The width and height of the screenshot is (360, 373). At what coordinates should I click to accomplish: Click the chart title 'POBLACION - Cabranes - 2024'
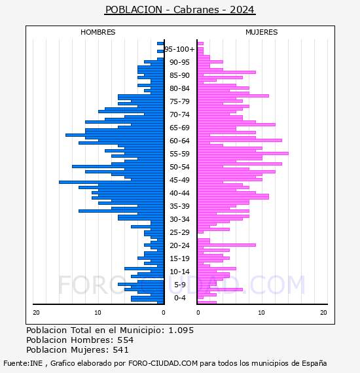(x=180, y=10)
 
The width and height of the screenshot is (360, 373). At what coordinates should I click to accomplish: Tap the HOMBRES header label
(x=98, y=32)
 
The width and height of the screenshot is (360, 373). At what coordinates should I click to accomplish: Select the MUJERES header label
(x=262, y=32)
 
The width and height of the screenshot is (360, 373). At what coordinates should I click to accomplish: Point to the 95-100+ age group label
(x=179, y=49)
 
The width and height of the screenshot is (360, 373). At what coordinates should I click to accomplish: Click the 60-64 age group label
(x=179, y=141)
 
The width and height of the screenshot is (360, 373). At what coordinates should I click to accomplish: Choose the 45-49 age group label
(x=179, y=180)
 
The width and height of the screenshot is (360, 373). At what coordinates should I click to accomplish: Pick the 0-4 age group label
(x=180, y=298)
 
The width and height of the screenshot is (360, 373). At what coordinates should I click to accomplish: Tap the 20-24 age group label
(x=179, y=245)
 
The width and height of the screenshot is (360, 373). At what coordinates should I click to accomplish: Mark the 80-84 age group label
(x=179, y=88)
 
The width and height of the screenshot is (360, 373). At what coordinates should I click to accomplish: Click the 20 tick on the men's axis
(x=36, y=313)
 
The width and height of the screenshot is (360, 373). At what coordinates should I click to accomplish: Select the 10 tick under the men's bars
(x=98, y=313)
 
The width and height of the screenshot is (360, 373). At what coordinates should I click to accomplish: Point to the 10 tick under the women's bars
(x=261, y=313)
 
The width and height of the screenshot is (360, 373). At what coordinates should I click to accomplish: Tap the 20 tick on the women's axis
(x=323, y=313)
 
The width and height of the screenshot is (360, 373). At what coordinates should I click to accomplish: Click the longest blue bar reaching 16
(x=111, y=182)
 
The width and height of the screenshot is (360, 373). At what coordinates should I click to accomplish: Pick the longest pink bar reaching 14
(x=243, y=153)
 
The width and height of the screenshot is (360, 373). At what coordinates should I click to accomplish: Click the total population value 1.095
(x=181, y=330)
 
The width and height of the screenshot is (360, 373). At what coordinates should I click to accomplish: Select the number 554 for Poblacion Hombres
(x=126, y=340)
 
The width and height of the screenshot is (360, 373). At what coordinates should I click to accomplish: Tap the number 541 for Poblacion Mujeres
(x=121, y=349)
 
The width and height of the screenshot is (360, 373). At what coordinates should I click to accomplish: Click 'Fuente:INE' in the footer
(x=23, y=363)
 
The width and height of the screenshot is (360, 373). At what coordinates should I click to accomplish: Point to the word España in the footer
(x=314, y=363)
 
